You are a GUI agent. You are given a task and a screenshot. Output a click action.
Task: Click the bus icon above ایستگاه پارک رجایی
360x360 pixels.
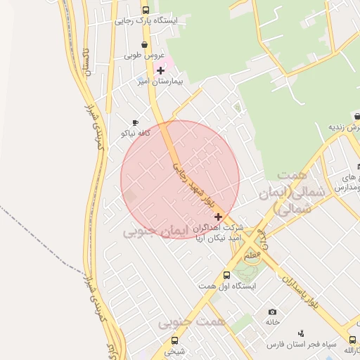click(146, 11)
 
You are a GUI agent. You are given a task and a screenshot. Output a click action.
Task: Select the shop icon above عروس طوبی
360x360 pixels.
click(145, 45)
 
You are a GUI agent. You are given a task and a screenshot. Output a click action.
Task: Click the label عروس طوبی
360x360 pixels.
click(144, 55)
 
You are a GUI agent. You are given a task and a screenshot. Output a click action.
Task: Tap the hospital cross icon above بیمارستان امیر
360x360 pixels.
click(161, 70)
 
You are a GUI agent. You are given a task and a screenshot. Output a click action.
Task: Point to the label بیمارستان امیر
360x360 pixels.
click(161, 82)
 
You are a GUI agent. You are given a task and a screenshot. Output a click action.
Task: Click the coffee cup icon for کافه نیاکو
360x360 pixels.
click(136, 123)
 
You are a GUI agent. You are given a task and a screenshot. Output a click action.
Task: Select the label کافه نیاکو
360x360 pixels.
click(136, 133)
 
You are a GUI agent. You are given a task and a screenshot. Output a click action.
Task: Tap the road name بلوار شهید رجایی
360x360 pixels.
click(188, 179)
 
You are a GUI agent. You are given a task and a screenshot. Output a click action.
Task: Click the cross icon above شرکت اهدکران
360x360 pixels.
click(219, 217)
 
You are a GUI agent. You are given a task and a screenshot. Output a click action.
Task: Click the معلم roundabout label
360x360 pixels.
click(252, 256)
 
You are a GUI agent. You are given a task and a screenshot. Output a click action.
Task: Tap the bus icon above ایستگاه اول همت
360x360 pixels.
click(226, 276)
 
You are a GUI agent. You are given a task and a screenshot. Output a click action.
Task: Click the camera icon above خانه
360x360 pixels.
click(272, 311)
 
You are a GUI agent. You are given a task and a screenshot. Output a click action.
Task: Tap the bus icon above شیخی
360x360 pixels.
click(175, 340)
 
